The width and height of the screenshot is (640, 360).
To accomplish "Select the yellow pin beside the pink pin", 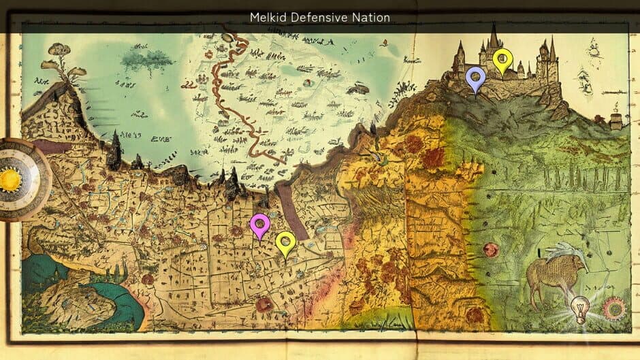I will point(285,242).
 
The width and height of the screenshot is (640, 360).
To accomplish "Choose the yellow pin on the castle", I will point(502,59).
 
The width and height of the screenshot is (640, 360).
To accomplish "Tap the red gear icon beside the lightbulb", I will point(613,308).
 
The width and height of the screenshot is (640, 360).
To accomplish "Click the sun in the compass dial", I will point(11,180).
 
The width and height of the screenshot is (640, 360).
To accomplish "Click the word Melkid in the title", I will point(268,17).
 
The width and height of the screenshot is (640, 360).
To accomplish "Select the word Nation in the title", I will point(372,17).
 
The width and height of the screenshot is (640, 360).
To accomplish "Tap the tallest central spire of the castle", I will point(493,37).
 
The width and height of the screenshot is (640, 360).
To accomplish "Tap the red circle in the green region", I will point(491,250).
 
